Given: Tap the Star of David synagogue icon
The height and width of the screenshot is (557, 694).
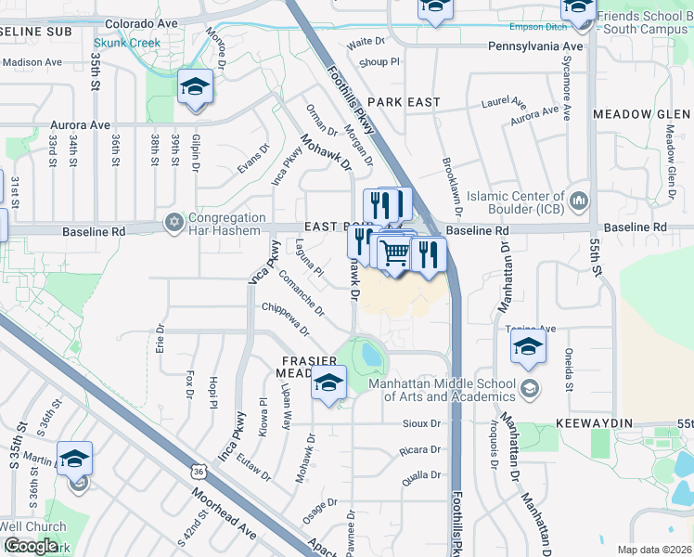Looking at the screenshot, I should pos(173,223).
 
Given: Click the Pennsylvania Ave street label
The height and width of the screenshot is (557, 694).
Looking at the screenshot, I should pos(537,45).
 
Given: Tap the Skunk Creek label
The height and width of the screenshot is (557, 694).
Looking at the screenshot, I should pos(126,43).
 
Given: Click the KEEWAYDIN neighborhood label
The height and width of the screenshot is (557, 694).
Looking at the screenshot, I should pos(594,423).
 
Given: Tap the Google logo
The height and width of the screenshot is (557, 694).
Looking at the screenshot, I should pos(31,546).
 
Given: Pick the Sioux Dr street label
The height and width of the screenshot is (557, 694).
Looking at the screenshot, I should pos(423,424).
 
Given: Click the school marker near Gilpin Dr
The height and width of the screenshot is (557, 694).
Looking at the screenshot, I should pos(195,88).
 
